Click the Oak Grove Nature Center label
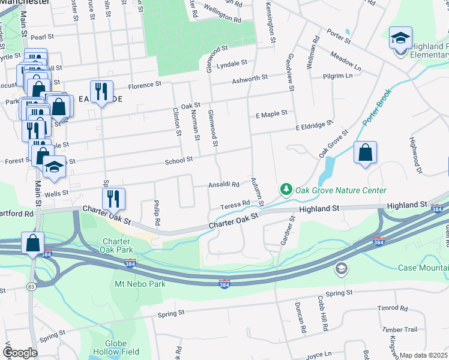click(x=341, y=190)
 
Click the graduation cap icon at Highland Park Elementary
click(x=400, y=38)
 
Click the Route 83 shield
click(x=30, y=287)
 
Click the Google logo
click(x=19, y=353)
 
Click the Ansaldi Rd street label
click(x=224, y=184)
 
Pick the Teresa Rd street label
click(x=234, y=205)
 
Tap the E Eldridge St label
click(x=314, y=126)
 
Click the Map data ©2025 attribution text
click(x=424, y=355)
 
